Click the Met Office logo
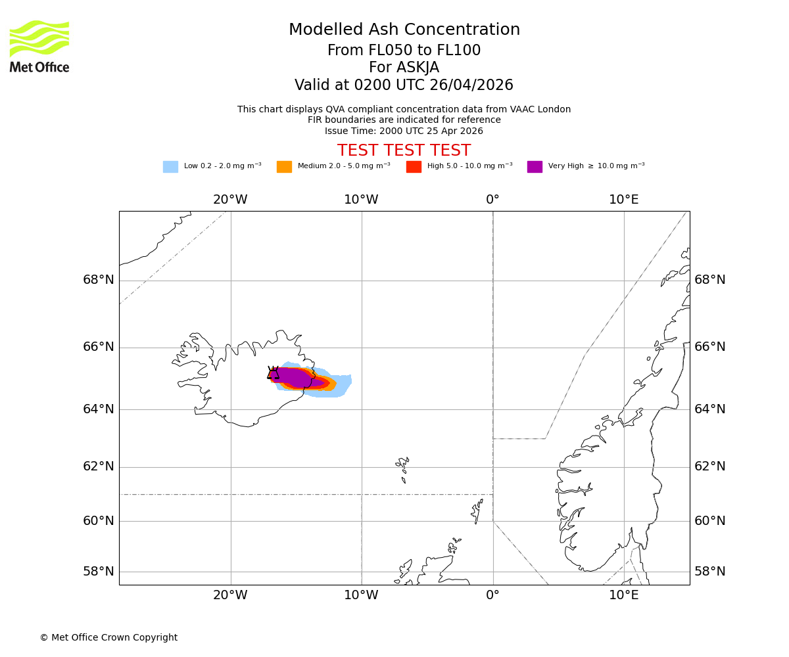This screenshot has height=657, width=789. pyautogui.click(x=39, y=46)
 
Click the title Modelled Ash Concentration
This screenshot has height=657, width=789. pyautogui.click(x=404, y=30)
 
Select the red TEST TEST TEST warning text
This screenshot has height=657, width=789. pyautogui.click(x=404, y=150)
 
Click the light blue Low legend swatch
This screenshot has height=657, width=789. pyautogui.click(x=170, y=167)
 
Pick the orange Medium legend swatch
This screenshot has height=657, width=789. pyautogui.click(x=284, y=167)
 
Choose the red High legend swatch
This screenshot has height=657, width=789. pyautogui.click(x=414, y=167)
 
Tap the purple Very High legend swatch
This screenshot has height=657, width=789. pyautogui.click(x=535, y=167)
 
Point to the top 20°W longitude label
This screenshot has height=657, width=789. pyautogui.click(x=230, y=200)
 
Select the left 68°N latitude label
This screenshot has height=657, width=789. pyautogui.click(x=99, y=280)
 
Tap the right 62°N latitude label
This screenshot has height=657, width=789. pyautogui.click(x=710, y=466)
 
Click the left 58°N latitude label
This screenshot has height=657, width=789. pyautogui.click(x=99, y=572)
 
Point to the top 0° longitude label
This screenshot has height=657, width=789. pyautogui.click(x=492, y=200)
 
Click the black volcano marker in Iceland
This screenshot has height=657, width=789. pyautogui.click(x=273, y=373)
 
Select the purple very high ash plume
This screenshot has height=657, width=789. pyautogui.click(x=296, y=378)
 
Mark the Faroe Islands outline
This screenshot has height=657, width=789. pyautogui.click(x=402, y=466)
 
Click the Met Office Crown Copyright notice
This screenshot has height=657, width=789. pyautogui.click(x=108, y=637)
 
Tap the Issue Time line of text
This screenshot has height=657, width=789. pyautogui.click(x=404, y=131)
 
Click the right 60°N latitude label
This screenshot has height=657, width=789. pyautogui.click(x=710, y=521)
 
